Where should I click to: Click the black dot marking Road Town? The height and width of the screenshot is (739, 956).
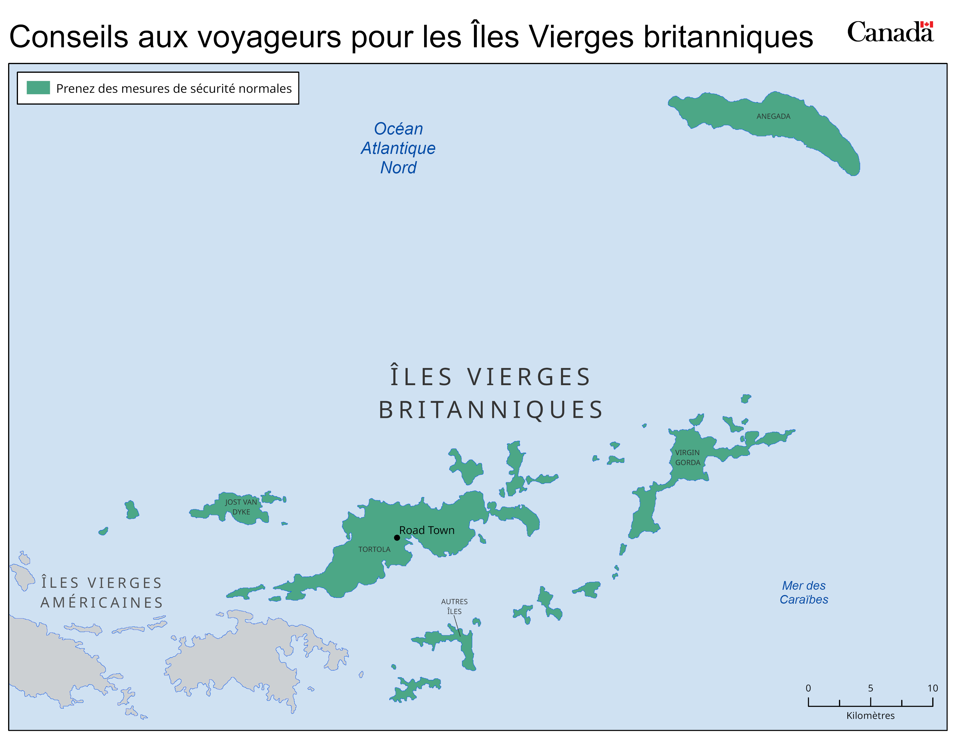point(397,538)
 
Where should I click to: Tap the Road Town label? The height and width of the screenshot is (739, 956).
point(427,530)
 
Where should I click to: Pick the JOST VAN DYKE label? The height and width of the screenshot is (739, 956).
point(241,507)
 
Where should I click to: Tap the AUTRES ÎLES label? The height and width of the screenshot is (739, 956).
point(454,606)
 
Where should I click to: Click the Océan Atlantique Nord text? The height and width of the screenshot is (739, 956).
point(398,148)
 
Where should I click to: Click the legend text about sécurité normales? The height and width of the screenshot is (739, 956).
point(174,88)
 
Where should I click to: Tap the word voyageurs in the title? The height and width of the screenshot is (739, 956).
point(269,37)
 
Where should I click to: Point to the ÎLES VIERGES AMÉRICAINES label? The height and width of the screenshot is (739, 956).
point(102,593)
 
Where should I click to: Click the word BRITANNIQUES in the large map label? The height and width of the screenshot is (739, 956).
point(491,410)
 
